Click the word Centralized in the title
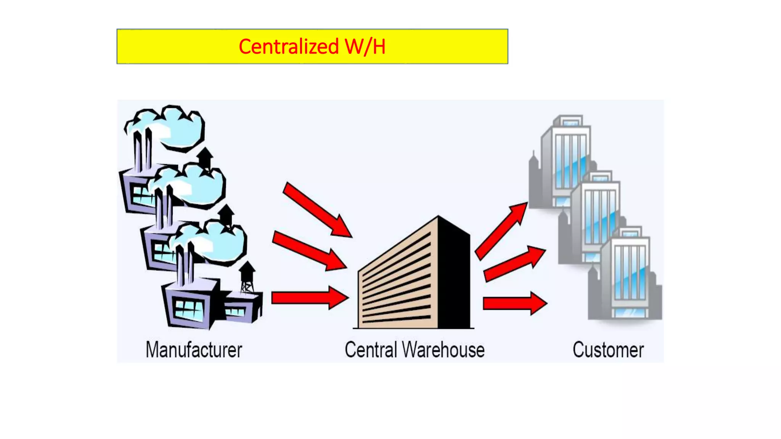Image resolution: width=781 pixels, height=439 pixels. coord(289,47)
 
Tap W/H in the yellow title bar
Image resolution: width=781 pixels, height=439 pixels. coord(365,47)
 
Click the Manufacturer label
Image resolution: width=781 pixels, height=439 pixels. coord(194,350)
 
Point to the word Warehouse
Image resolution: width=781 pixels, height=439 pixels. coord(443,350)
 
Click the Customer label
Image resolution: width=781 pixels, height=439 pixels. coord(608,350)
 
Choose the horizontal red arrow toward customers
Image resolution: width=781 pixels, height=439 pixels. coord(515,304)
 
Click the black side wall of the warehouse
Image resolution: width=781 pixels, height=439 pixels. coord(454,274)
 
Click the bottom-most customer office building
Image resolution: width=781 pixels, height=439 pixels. coord(629,278)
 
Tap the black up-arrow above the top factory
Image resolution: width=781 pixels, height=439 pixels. coord(205,156)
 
